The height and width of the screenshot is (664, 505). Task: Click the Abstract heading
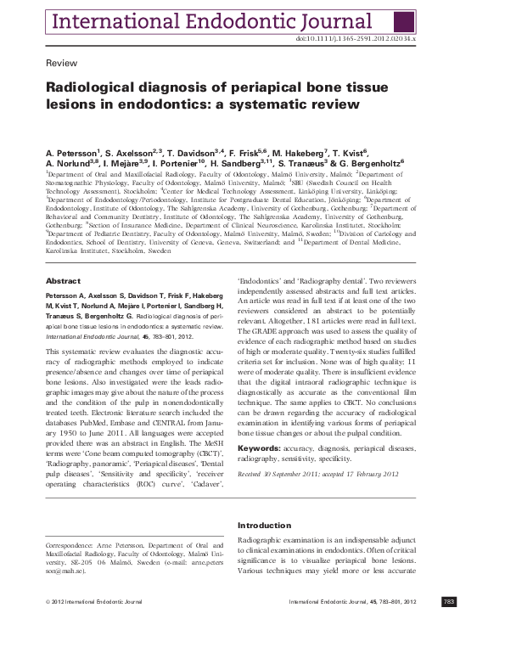(x=63, y=280)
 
